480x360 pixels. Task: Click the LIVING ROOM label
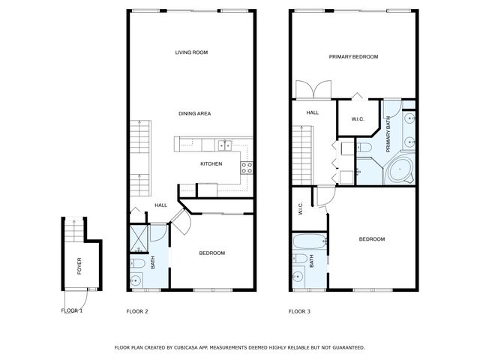point(191,52)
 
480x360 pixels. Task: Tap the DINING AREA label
point(194,113)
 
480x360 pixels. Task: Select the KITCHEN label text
point(211,164)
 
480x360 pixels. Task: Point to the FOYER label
point(79,265)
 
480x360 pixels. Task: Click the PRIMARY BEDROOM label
point(353,57)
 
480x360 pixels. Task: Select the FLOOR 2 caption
point(138,310)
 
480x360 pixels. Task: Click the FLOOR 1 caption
point(72,310)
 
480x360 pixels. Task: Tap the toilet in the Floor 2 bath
point(139,263)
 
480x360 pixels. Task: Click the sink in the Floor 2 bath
point(136,281)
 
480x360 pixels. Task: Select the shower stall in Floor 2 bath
point(139,240)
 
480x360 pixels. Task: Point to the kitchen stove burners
point(246,167)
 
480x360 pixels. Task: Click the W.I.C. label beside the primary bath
point(358,119)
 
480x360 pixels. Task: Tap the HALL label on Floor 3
point(313,113)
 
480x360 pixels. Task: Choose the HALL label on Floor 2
point(160,205)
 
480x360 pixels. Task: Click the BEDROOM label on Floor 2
point(211,253)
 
